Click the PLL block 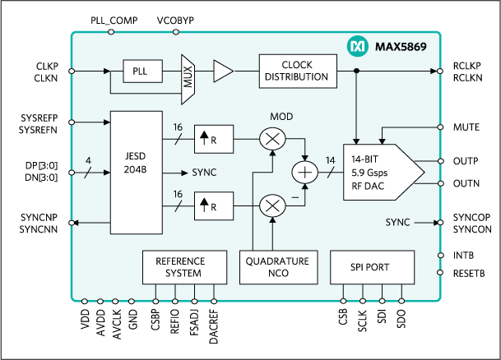pyautogui.click(x=139, y=72)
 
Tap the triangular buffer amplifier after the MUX pyautogui.click(x=222, y=72)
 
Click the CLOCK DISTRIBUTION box pyautogui.click(x=298, y=71)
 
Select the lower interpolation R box pyautogui.click(x=213, y=205)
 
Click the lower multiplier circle pyautogui.click(x=271, y=205)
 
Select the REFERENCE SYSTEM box pyautogui.click(x=180, y=267)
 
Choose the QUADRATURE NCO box pyautogui.click(x=277, y=267)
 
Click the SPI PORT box pyautogui.click(x=370, y=267)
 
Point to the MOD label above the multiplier pyautogui.click(x=281, y=117)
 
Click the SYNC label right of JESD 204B pyautogui.click(x=205, y=173)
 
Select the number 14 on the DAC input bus pyautogui.click(x=330, y=162)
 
